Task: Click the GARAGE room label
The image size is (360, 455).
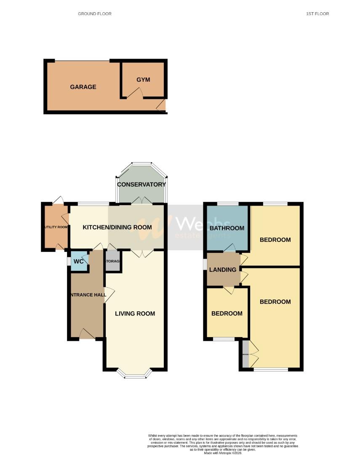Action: click(x=83, y=87)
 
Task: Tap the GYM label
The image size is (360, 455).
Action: click(x=143, y=80)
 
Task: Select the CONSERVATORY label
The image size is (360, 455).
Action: click(x=141, y=185)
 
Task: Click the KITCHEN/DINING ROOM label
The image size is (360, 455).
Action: click(x=117, y=227)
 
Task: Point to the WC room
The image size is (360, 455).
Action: click(x=79, y=261)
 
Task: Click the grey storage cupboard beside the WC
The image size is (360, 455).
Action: click(x=113, y=262)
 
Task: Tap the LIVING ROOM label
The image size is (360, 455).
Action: click(x=135, y=313)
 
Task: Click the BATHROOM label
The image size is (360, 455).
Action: click(x=227, y=228)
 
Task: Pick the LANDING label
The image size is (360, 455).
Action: click(x=223, y=270)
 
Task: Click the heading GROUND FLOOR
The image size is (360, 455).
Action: click(x=95, y=14)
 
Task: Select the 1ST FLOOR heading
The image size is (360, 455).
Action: click(x=317, y=14)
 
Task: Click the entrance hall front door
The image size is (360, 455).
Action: click(x=87, y=334)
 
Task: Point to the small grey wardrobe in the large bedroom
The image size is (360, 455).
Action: click(x=245, y=354)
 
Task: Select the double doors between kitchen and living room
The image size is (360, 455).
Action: click(x=142, y=253)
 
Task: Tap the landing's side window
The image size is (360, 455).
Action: click(x=205, y=264)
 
